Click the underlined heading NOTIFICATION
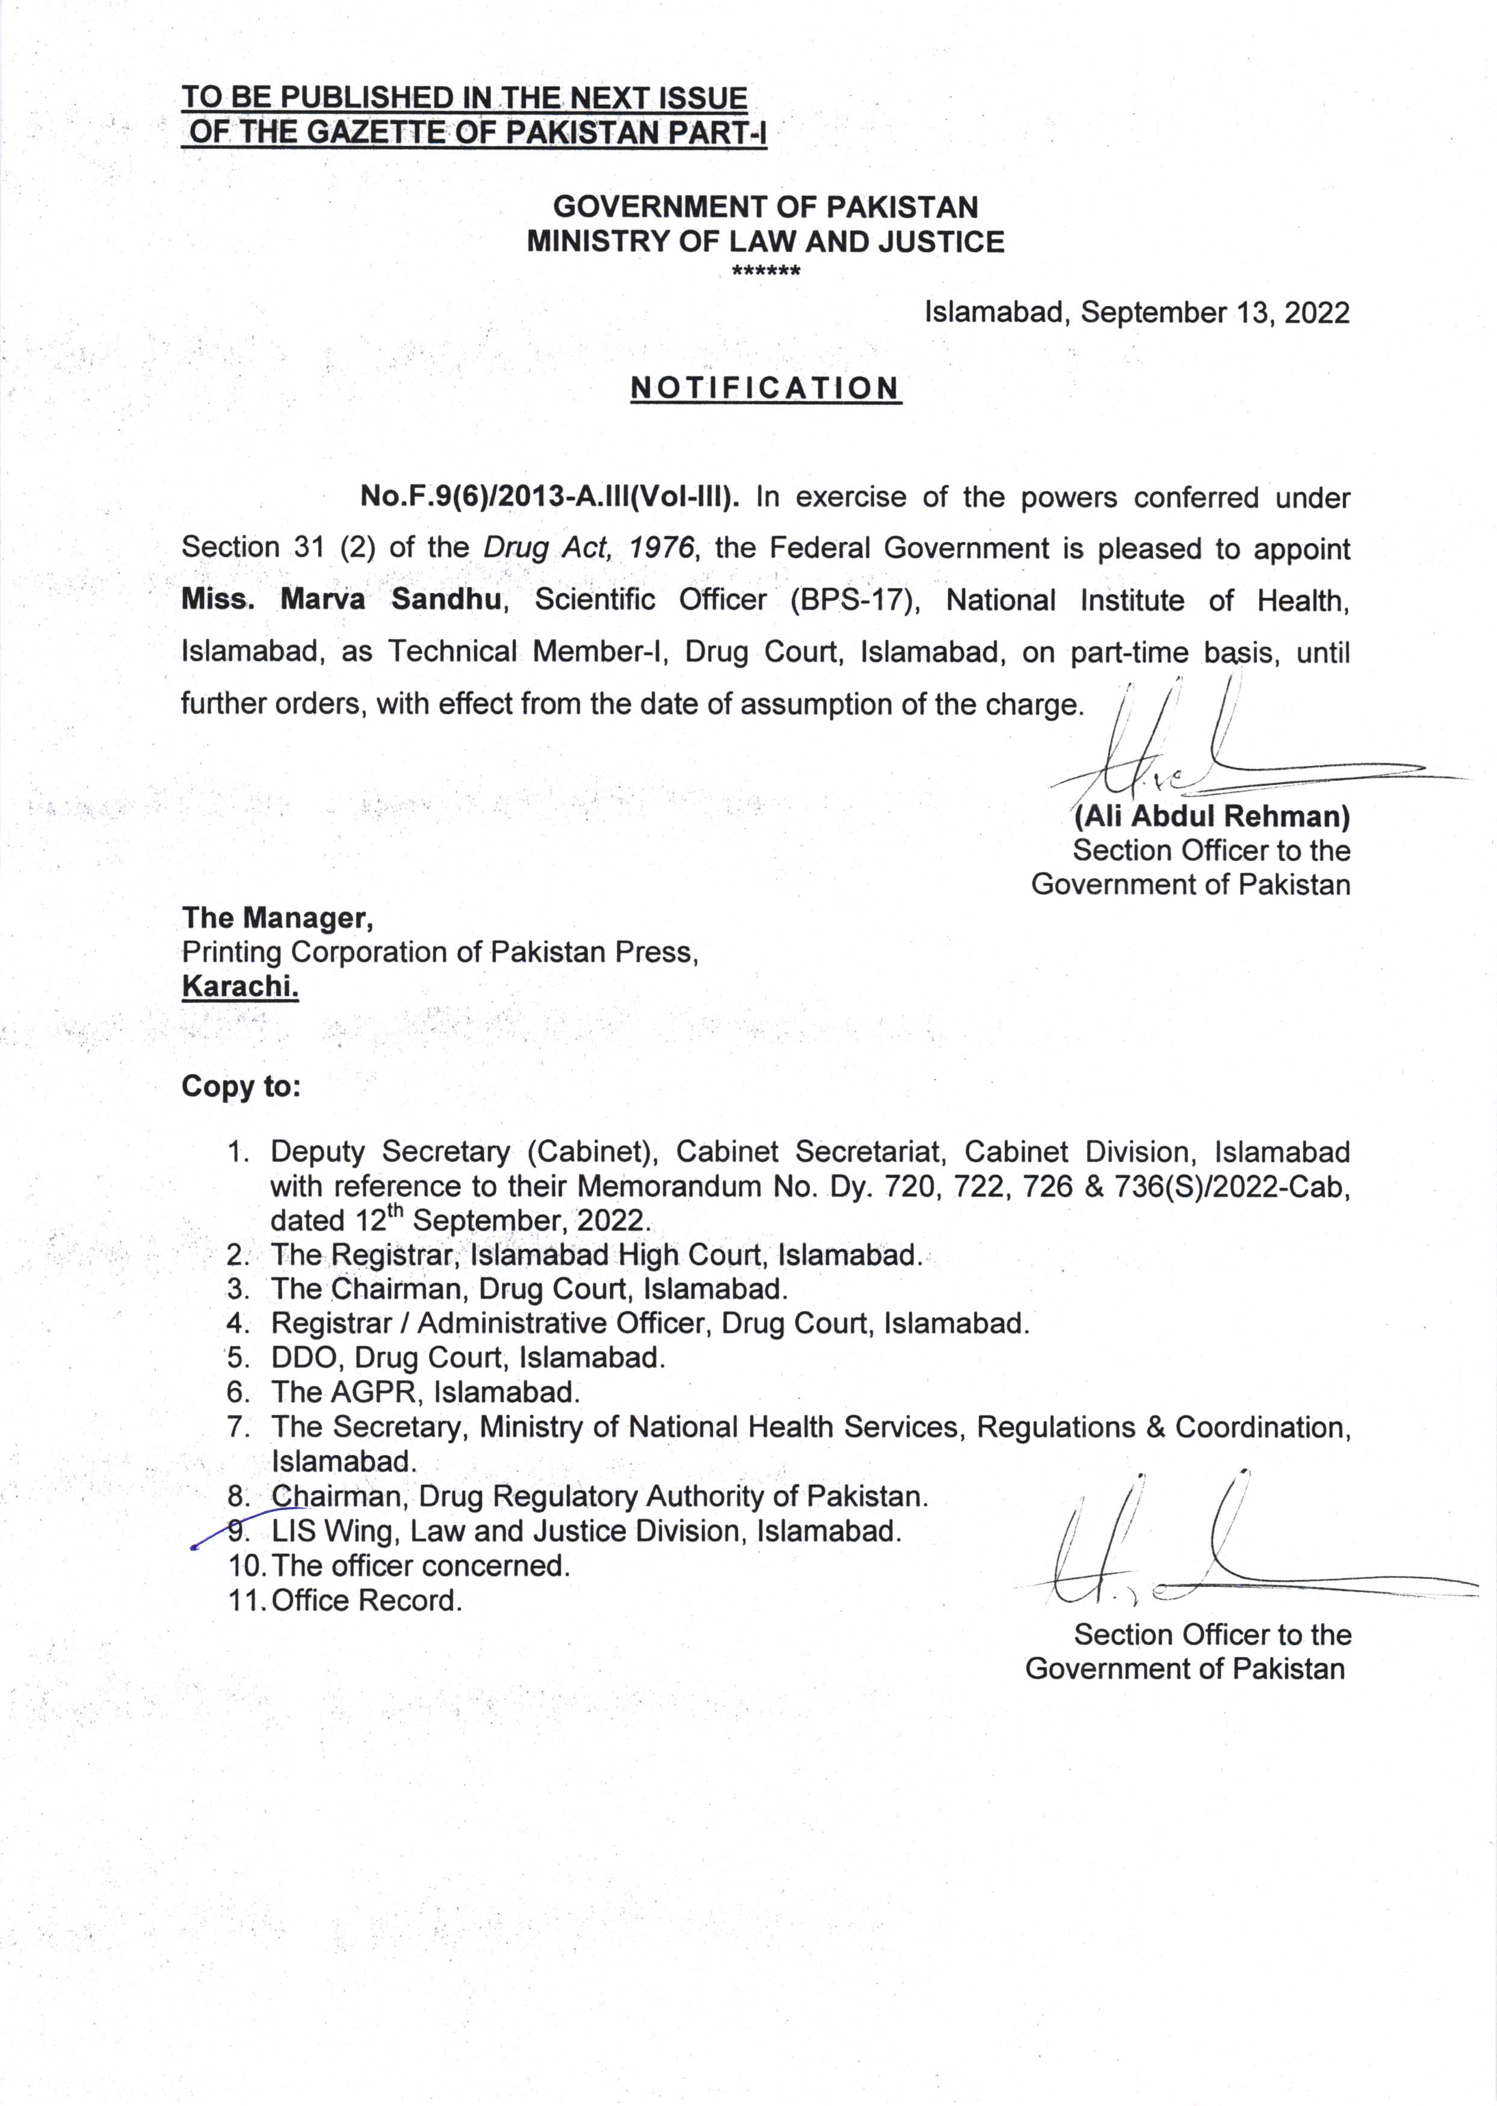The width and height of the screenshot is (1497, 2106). [x=765, y=388]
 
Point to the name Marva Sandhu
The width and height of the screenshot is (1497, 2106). [x=391, y=600]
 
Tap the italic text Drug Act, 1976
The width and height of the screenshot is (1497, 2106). [x=588, y=549]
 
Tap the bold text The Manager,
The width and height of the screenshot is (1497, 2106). [x=277, y=918]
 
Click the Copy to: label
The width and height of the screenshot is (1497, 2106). [x=241, y=1086]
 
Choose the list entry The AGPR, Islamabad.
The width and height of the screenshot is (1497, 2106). [x=425, y=1392]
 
